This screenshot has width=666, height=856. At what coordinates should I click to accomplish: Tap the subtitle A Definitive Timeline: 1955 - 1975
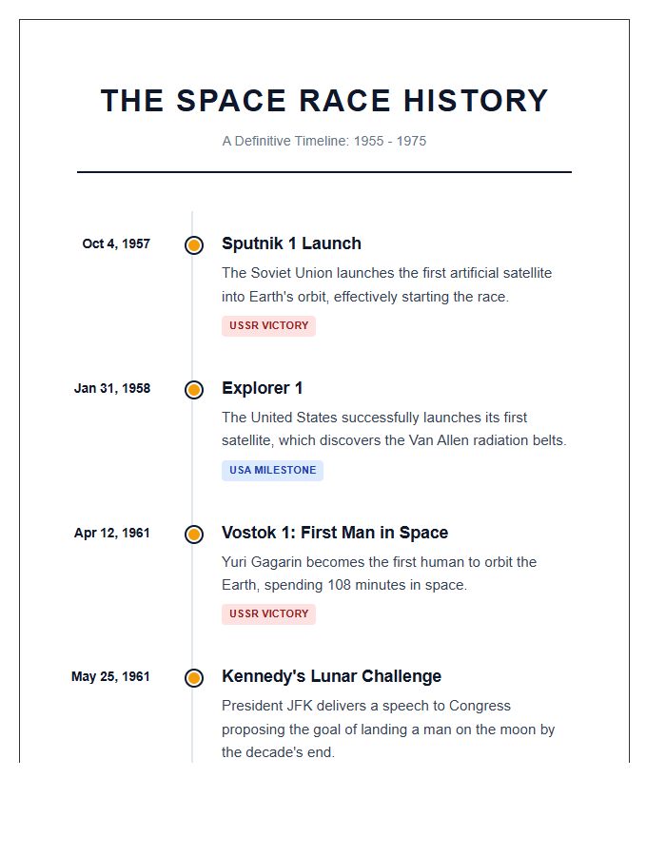[x=324, y=141]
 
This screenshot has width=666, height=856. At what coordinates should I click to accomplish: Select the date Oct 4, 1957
[x=116, y=243]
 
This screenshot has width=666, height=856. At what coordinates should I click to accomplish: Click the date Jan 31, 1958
[x=112, y=388]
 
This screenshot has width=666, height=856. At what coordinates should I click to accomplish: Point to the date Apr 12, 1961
[x=112, y=533]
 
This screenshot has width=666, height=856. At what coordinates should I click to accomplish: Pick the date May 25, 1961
[x=110, y=677]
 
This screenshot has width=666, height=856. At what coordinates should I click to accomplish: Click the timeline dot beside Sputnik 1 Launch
[x=194, y=244]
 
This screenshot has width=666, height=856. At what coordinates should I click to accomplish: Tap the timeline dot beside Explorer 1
[x=194, y=389]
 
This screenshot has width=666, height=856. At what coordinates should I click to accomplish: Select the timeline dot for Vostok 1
[x=194, y=534]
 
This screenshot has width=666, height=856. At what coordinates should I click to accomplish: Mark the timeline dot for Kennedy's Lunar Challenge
[x=194, y=678]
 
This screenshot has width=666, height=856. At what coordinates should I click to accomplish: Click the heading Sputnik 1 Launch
[x=291, y=243]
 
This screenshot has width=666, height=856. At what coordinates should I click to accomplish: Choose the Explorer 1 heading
[x=263, y=388]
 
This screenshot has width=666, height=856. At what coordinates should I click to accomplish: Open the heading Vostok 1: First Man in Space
[x=335, y=533]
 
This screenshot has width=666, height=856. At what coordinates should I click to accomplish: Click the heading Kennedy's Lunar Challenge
[x=331, y=676]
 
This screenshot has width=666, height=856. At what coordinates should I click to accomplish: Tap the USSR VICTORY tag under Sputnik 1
[x=269, y=325]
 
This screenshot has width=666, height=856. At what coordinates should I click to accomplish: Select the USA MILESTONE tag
[x=272, y=470]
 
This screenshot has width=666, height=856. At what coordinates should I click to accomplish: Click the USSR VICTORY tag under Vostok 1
[x=269, y=613]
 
